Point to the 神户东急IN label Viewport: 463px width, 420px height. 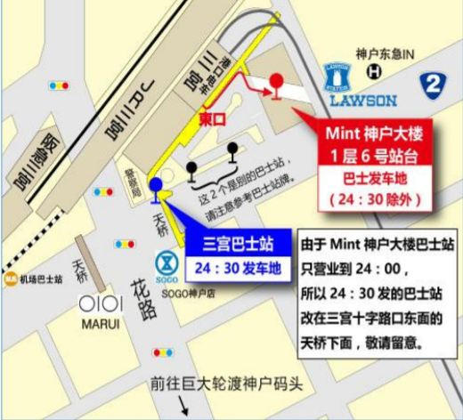click(385, 53)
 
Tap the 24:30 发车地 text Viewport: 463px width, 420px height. click(237, 266)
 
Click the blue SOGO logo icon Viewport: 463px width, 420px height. click(165, 261)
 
